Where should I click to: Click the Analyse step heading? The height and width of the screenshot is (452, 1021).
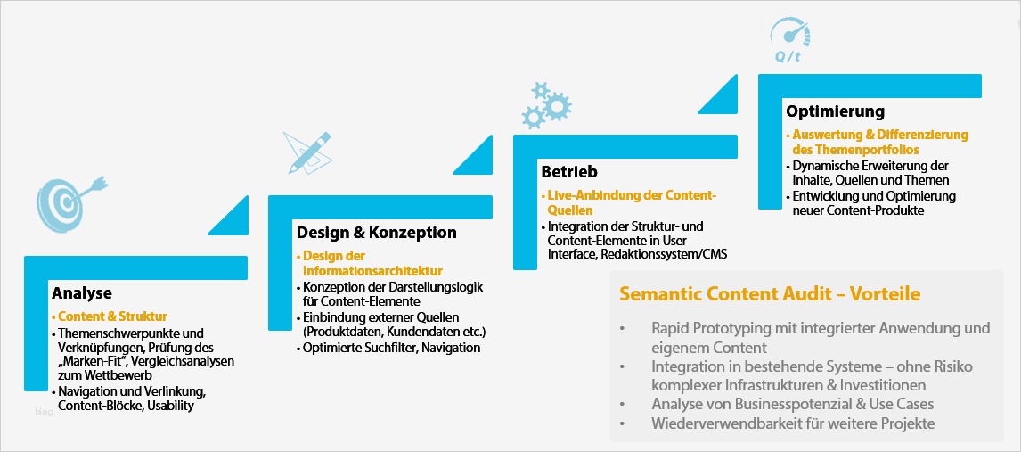(82, 293)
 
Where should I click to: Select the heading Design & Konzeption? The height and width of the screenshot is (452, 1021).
(377, 233)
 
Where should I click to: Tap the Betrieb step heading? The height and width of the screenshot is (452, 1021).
(569, 171)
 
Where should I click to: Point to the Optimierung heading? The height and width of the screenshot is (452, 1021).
(835, 111)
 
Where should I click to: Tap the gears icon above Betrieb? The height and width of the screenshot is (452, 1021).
(545, 104)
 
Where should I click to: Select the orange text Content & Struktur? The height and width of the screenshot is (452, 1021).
(113, 316)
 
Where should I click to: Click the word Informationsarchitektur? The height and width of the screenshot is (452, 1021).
(372, 271)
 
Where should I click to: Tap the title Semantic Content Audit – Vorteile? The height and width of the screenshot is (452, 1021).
(770, 294)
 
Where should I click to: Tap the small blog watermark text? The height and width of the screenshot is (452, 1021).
(44, 412)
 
